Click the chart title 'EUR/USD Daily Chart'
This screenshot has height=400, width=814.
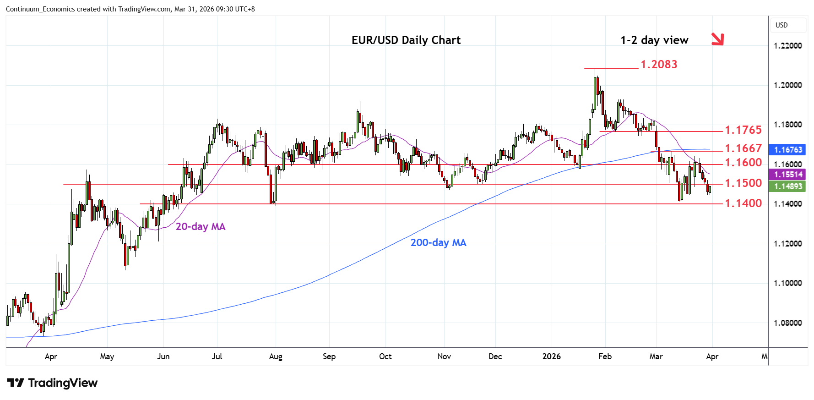tap(406, 40)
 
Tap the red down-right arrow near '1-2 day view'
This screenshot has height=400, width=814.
tap(717, 39)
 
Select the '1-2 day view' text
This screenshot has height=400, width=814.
tap(654, 40)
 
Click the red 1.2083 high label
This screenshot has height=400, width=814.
tap(659, 65)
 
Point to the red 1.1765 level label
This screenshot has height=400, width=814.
tap(743, 130)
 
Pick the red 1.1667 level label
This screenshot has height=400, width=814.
tap(743, 148)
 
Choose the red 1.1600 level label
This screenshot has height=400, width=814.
tap(743, 163)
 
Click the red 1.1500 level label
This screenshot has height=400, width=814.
tap(743, 183)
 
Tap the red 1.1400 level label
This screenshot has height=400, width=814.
tap(743, 203)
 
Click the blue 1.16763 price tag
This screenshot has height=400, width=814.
tap(788, 150)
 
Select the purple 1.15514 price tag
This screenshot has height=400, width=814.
tap(788, 175)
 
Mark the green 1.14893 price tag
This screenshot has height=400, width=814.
tap(788, 186)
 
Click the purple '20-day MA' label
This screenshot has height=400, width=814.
tap(201, 227)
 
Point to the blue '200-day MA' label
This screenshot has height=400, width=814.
tap(438, 243)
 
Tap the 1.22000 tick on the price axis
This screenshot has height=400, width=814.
tap(787, 46)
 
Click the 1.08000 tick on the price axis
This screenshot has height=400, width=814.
tap(787, 323)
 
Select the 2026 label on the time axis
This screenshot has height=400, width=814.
tap(551, 356)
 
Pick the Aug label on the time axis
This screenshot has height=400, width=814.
tap(276, 356)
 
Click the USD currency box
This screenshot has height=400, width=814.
tap(781, 25)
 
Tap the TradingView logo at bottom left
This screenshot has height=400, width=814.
tap(53, 383)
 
